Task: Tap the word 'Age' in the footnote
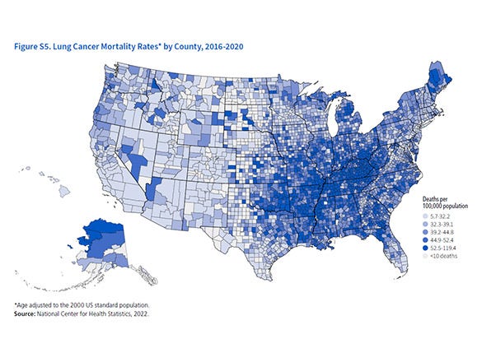(22, 304)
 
